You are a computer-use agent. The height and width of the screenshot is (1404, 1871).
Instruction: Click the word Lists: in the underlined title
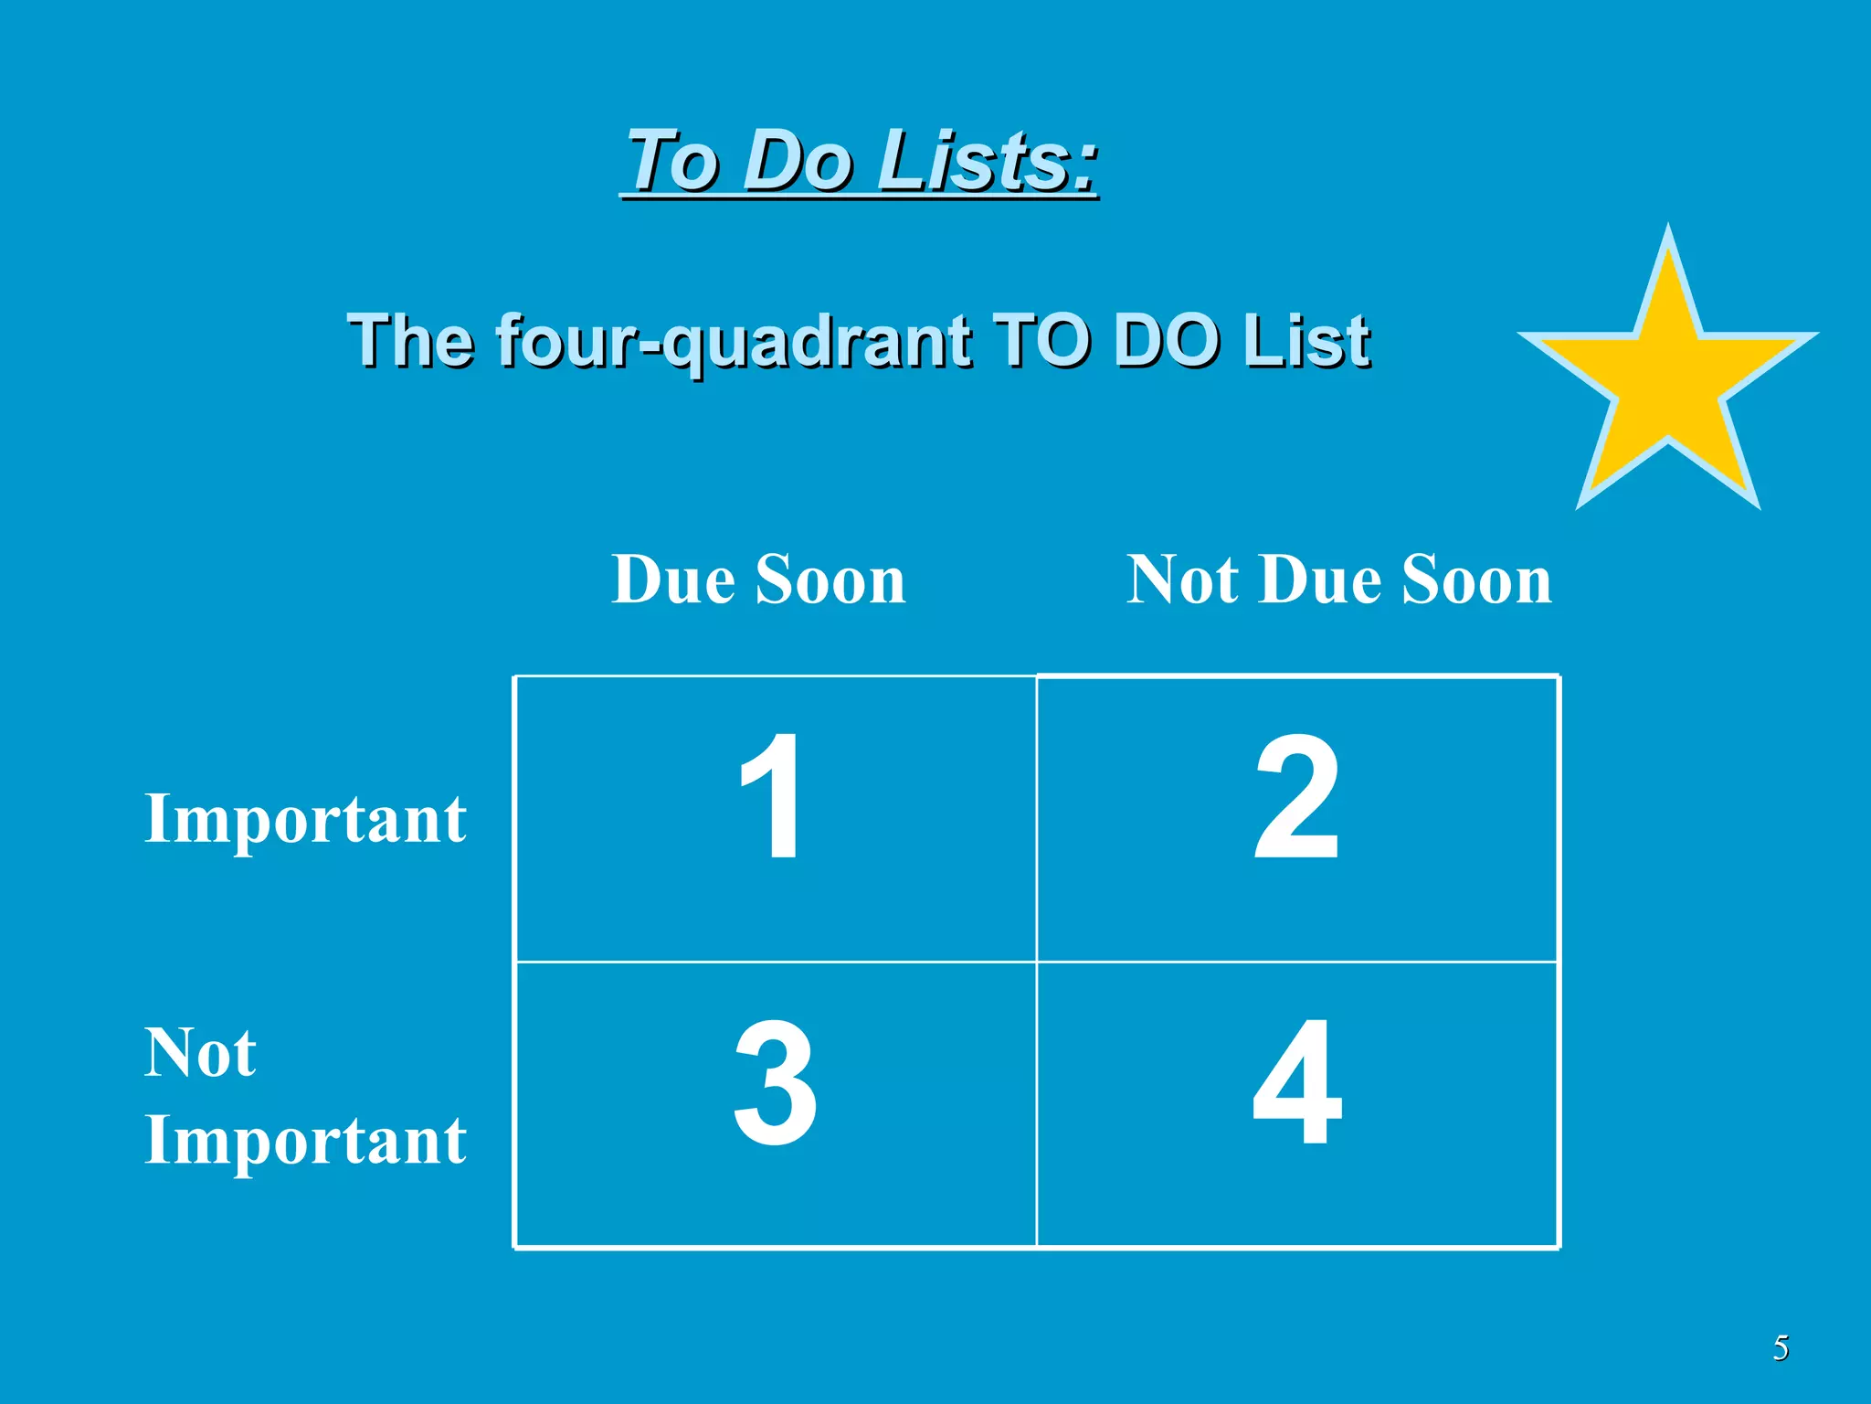click(x=987, y=161)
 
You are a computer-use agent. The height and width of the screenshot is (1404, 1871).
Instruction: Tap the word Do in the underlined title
click(x=797, y=161)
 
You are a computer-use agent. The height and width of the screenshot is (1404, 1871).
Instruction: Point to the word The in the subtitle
click(x=411, y=339)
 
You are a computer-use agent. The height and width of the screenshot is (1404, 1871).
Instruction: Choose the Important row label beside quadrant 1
click(x=305, y=819)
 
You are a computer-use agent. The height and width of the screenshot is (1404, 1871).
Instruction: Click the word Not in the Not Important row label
click(x=200, y=1053)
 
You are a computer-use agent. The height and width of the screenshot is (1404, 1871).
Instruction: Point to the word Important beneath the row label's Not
click(x=305, y=1141)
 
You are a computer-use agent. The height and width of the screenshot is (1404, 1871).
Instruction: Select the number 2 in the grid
click(x=1296, y=797)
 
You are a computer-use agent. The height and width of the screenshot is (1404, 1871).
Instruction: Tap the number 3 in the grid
click(x=775, y=1084)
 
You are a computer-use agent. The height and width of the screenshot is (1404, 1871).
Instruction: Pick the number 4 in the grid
click(x=1297, y=1084)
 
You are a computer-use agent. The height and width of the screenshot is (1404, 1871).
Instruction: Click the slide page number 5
click(x=1781, y=1348)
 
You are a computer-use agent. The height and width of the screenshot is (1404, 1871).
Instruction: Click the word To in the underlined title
click(x=673, y=161)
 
